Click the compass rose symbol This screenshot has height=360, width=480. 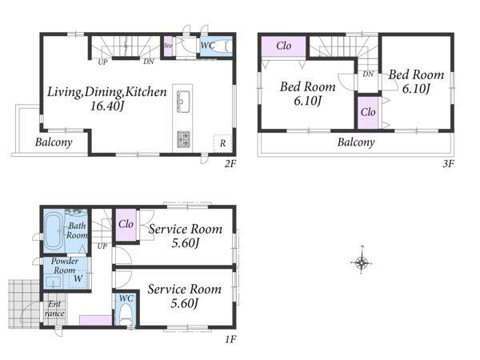point(362,262)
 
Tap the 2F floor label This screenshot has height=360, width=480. point(230,164)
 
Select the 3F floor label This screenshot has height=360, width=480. point(448,164)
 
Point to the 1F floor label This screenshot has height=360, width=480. point(230,339)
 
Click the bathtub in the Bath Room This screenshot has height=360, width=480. point(54,231)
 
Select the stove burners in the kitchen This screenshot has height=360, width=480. point(183,139)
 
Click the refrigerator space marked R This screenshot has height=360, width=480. point(222,143)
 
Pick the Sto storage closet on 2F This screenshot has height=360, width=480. point(168,46)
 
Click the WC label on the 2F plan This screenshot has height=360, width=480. point(207,46)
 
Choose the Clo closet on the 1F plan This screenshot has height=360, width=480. point(126,224)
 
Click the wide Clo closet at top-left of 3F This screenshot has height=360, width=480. point(283,46)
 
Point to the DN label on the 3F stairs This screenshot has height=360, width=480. point(368,74)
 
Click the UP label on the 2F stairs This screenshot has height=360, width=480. point(102,62)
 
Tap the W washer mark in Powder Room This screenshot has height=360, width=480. point(78,278)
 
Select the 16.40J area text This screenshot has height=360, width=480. point(107,106)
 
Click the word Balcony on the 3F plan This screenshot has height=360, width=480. point(356,142)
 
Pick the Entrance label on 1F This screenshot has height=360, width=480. point(54,309)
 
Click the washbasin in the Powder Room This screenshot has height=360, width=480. point(54,282)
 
